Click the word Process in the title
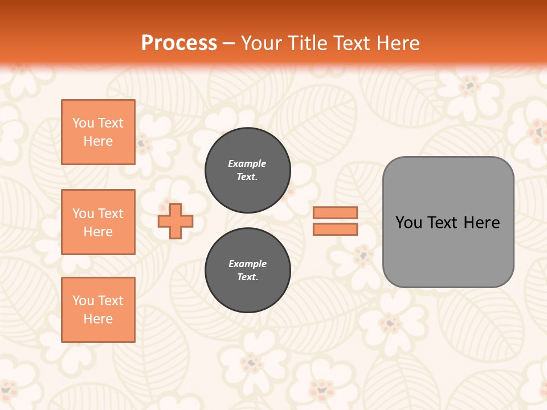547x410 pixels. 179,43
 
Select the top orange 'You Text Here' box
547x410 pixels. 98,132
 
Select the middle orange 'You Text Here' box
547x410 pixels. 98,222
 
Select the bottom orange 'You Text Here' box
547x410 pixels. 98,310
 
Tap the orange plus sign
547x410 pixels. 175,221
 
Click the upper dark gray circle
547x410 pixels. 247,170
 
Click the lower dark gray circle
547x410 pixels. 247,270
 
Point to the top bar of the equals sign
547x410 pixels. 335,213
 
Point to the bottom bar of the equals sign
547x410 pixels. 335,229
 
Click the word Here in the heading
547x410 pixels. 397,43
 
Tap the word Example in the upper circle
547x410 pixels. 247,163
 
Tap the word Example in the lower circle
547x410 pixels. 247,264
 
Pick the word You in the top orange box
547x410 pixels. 83,123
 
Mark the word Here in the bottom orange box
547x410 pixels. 98,319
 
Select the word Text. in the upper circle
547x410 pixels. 247,177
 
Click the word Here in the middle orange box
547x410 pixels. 98,232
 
